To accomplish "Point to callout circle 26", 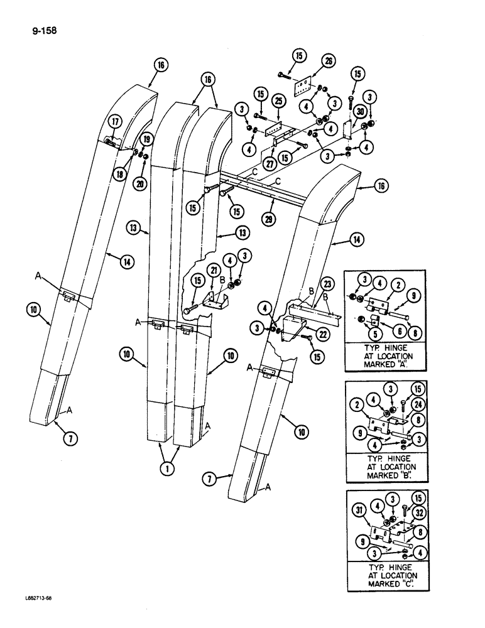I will [x=327, y=61].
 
